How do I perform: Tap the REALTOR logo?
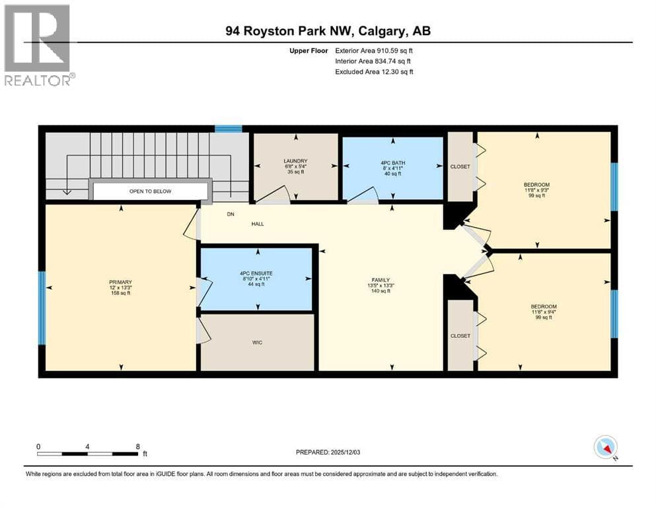pyautogui.click(x=38, y=45)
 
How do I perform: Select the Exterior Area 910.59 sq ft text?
pyautogui.click(x=374, y=51)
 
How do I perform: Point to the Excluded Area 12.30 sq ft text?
pyautogui.click(x=374, y=71)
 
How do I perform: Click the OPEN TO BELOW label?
pyautogui.click(x=150, y=191)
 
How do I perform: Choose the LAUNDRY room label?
pyautogui.click(x=295, y=161)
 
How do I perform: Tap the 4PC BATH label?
pyautogui.click(x=392, y=162)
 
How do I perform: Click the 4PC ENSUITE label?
pyautogui.click(x=256, y=273)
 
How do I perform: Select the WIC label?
pyautogui.click(x=257, y=343)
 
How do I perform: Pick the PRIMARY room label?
pyautogui.click(x=120, y=282)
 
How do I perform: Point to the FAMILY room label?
pyautogui.click(x=381, y=280)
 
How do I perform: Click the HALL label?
pyautogui.click(x=258, y=224)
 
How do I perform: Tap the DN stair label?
pyautogui.click(x=231, y=214)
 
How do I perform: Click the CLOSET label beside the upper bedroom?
pyautogui.click(x=460, y=166)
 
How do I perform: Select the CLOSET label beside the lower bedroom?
pyautogui.click(x=460, y=335)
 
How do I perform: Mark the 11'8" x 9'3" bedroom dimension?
pyautogui.click(x=537, y=189)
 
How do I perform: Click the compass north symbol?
pyautogui.click(x=605, y=448)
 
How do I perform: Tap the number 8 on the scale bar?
pyautogui.click(x=137, y=446)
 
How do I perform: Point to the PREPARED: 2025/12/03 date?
pyautogui.click(x=328, y=452)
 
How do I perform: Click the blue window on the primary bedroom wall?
pyautogui.click(x=42, y=308)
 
